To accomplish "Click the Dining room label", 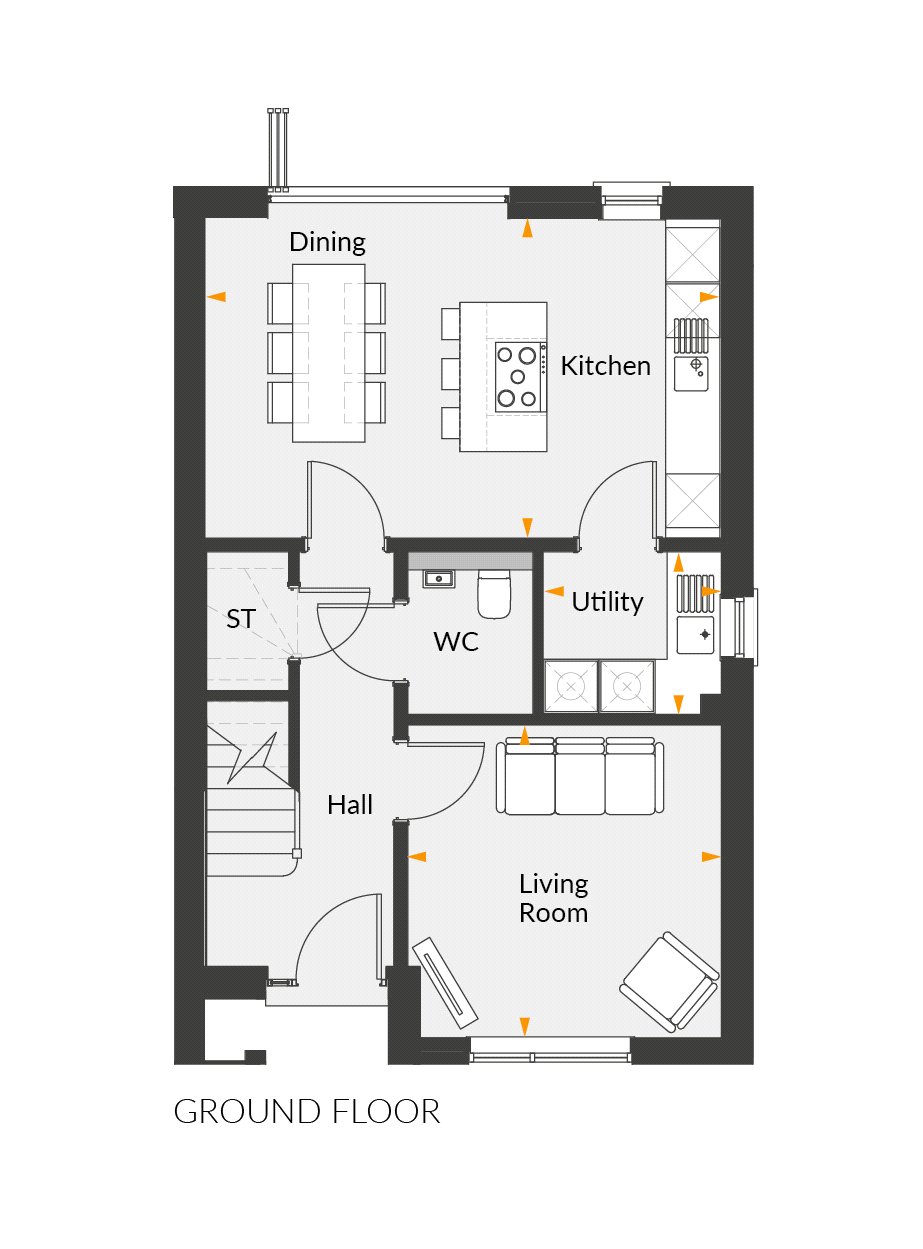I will click(x=327, y=242).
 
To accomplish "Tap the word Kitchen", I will click(x=605, y=366).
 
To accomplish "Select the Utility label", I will click(x=607, y=602).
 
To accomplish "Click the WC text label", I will click(x=456, y=641).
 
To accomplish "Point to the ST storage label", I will click(x=240, y=619).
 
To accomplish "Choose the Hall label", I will click(x=350, y=804).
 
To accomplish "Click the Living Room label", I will click(x=553, y=898).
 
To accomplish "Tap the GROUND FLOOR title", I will click(x=307, y=1112).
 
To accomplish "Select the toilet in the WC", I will click(x=494, y=594).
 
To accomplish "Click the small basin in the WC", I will click(x=438, y=579).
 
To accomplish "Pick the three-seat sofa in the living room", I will click(x=580, y=777).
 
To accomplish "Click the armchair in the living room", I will click(x=670, y=981).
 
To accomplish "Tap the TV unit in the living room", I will click(x=448, y=983).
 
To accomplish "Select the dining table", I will click(x=328, y=352).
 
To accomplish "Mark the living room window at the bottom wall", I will click(x=551, y=1050).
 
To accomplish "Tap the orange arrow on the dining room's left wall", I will click(x=216, y=296).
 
